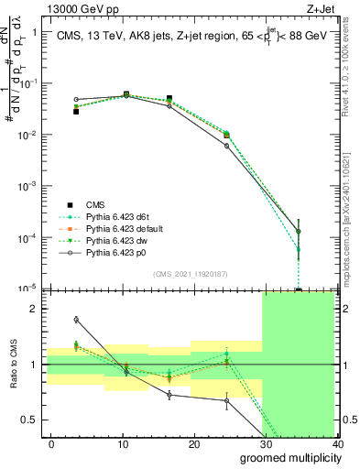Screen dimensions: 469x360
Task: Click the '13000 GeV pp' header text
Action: [72, 7]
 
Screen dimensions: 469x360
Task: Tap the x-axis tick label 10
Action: [123, 444]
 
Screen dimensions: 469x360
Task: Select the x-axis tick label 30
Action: [266, 444]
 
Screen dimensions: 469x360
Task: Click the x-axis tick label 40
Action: [336, 444]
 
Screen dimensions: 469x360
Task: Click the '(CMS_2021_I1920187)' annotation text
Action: [189, 273]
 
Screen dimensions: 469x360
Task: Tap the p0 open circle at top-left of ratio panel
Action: [76, 319]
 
